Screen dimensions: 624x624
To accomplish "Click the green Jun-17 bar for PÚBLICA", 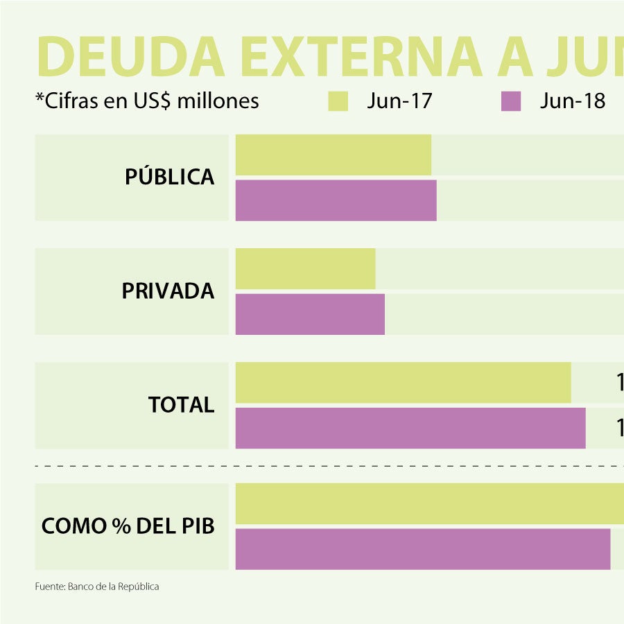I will click(333, 155).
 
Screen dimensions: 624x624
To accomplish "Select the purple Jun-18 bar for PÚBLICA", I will click(336, 200).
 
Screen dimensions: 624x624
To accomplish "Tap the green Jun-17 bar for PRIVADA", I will click(305, 268).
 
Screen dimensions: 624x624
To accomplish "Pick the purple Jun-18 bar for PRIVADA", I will click(310, 314).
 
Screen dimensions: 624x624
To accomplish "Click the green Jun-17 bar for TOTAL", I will click(403, 382).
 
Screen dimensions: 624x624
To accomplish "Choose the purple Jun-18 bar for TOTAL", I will click(410, 428).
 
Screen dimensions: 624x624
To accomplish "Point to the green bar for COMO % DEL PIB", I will click(430, 503).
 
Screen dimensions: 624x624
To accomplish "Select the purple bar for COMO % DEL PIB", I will click(423, 549).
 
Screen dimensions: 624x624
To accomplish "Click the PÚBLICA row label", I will click(169, 177).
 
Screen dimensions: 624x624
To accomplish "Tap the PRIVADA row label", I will click(168, 291).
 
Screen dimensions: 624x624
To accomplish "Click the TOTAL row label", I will click(181, 405).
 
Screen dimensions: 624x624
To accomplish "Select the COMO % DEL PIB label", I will click(128, 526).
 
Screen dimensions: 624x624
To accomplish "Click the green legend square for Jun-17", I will click(338, 101).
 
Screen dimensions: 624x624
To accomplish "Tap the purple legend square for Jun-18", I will click(510, 101).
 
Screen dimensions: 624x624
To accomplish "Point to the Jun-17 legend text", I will click(399, 101).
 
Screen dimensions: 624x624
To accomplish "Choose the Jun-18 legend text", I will click(572, 101).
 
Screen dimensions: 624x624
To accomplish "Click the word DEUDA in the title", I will click(130, 57).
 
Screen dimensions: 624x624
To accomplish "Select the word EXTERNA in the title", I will click(361, 57).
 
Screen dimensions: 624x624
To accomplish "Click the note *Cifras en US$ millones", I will click(147, 101).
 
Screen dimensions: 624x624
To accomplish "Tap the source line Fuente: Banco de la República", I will click(97, 587).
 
